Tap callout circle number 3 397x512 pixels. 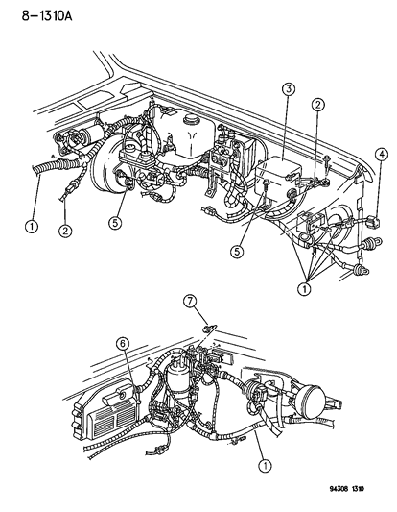coord(287,90)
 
